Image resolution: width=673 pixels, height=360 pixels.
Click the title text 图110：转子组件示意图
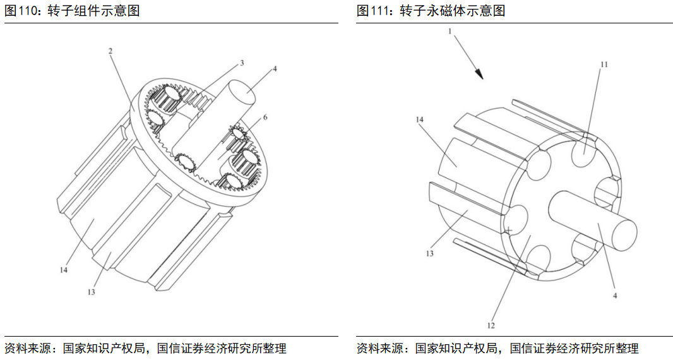(x=72, y=11)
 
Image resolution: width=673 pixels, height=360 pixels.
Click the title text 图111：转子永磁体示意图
(x=431, y=11)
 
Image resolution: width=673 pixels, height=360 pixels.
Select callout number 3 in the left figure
(x=242, y=63)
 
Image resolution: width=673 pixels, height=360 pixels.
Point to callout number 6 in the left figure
(x=265, y=117)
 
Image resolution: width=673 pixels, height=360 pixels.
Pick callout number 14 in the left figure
(x=64, y=270)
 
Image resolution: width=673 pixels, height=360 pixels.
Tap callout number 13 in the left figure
(x=91, y=292)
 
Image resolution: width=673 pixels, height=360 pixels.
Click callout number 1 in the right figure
(x=450, y=30)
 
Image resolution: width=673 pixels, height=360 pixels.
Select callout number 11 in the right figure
(x=604, y=64)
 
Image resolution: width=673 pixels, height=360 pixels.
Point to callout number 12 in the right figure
(x=491, y=325)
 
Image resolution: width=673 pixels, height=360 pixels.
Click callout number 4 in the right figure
(x=615, y=294)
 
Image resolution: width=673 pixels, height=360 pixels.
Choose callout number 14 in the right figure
(x=419, y=119)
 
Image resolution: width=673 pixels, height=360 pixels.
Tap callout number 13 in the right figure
(x=429, y=253)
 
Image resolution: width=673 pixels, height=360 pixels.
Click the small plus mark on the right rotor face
(x=508, y=231)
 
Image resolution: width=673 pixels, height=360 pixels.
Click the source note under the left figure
(x=145, y=348)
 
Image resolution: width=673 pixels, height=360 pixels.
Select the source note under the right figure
(x=497, y=348)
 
